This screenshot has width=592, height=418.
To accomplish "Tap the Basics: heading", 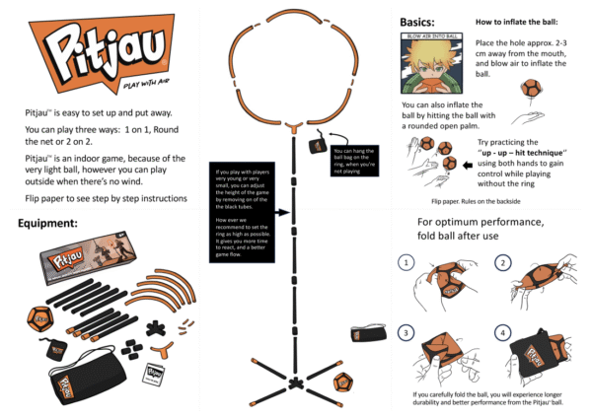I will tap(418, 22).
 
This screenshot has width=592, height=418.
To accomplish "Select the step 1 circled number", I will tap(407, 262).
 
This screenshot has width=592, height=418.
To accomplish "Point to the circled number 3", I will tap(407, 333).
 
